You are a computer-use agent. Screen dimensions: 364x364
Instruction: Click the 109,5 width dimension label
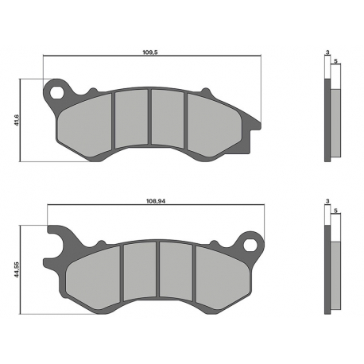click(x=150, y=52)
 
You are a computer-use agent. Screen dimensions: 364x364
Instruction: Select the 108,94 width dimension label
click(x=156, y=201)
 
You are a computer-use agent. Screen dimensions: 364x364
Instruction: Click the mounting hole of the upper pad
click(x=57, y=92)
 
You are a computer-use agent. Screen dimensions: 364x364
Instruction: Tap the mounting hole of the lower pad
click(x=250, y=244)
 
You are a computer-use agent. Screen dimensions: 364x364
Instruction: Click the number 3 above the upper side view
click(x=327, y=52)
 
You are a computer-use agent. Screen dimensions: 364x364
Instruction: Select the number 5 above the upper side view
click(x=335, y=61)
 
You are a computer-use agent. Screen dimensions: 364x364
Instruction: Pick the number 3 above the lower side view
click(x=327, y=201)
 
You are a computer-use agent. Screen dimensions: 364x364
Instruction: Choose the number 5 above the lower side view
click(x=335, y=211)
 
